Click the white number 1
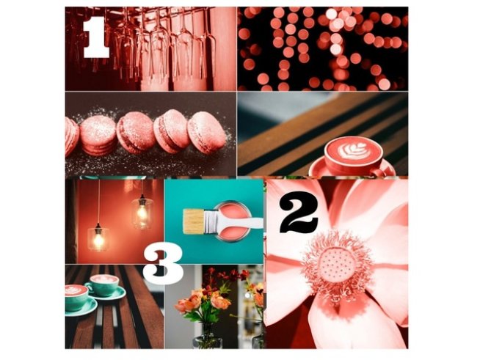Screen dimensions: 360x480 pos(95,38)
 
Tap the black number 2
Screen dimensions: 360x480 pos(293,214)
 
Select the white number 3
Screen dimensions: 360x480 pos(163,265)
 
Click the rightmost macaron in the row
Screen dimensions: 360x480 pos(206,132)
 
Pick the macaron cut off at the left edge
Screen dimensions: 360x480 pos(70,137)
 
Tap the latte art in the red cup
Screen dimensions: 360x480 pos(353,152)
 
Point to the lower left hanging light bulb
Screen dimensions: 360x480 pos(98,237)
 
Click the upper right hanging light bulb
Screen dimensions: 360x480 pos(142,212)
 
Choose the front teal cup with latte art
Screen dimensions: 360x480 pos(77,297)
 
